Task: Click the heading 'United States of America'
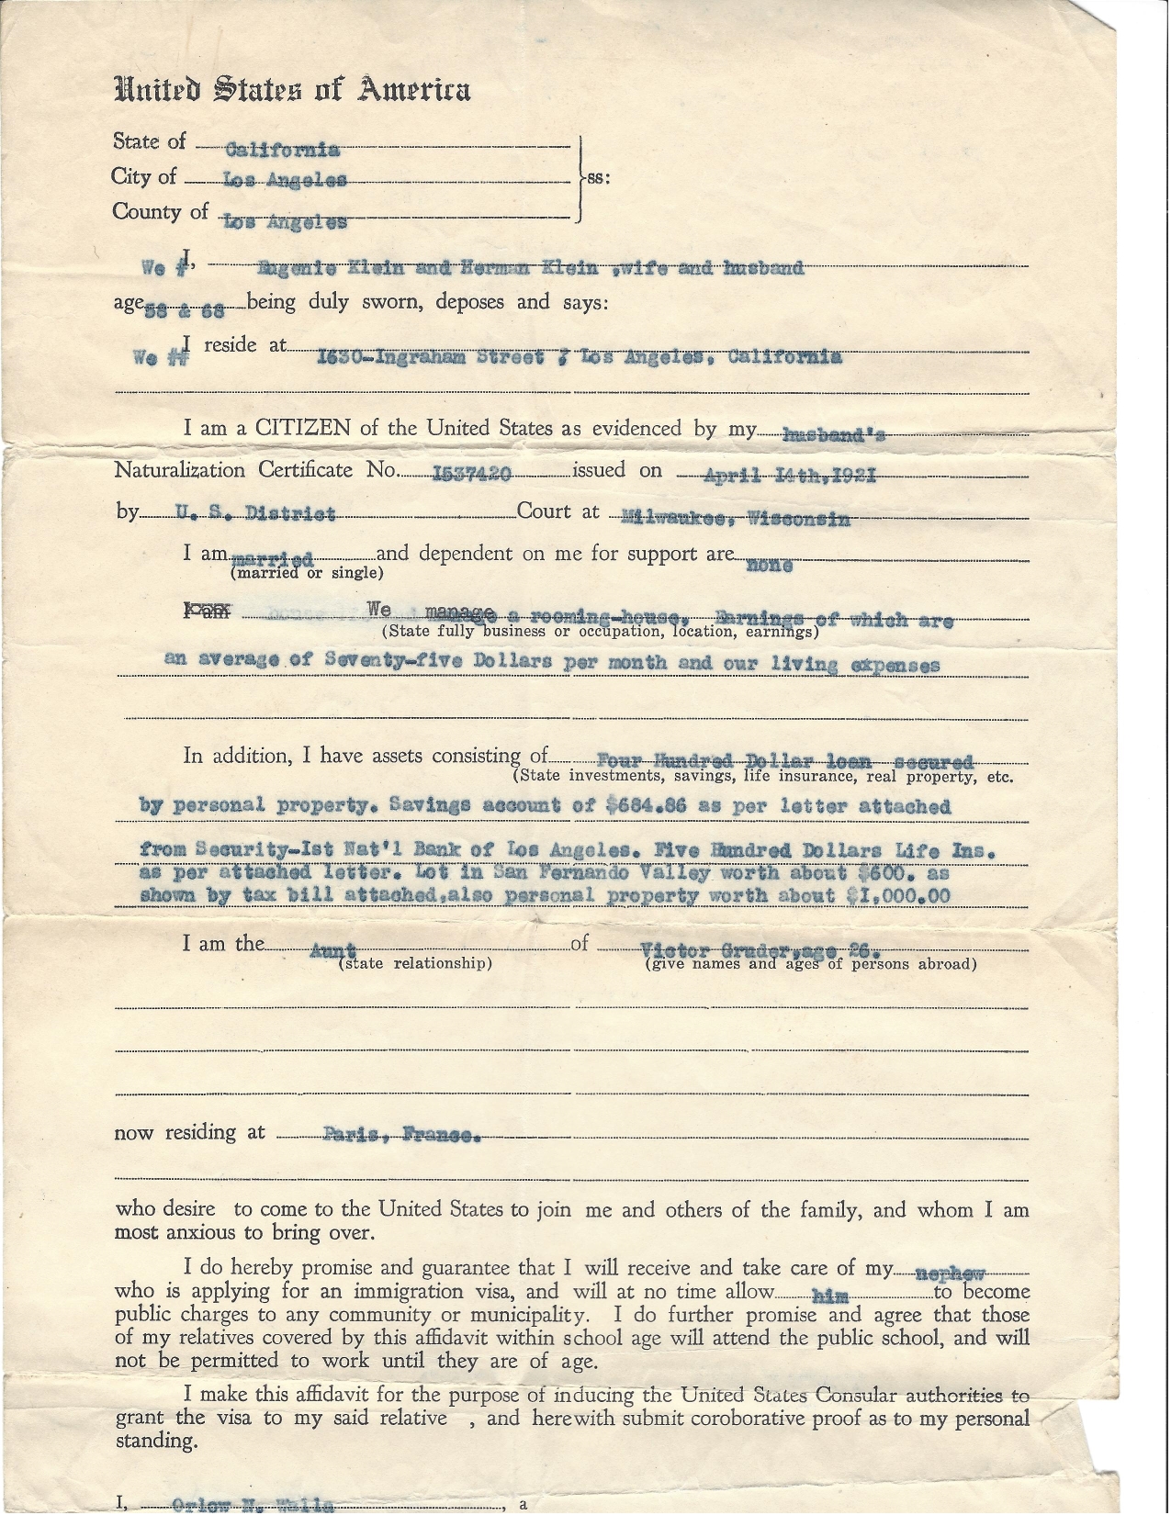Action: click(x=292, y=90)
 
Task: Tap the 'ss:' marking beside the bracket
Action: click(x=597, y=177)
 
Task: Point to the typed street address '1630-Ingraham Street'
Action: click(x=430, y=357)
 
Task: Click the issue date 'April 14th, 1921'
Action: click(x=790, y=475)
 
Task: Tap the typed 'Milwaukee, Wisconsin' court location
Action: click(x=736, y=518)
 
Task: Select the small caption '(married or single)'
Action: click(x=307, y=574)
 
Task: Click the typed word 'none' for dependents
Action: click(x=770, y=565)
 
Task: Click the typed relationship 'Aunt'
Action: click(x=333, y=951)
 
